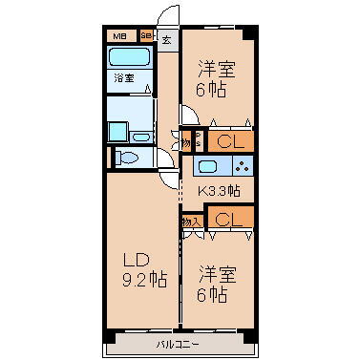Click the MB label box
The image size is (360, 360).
(x=120, y=37)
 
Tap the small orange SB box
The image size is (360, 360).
(x=146, y=37)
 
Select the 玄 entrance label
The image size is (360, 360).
(x=166, y=40)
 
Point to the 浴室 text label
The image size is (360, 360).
(x=123, y=77)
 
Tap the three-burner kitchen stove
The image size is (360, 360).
(x=241, y=166)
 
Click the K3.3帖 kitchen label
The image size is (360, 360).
(x=219, y=191)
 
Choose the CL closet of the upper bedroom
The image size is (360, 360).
(x=229, y=141)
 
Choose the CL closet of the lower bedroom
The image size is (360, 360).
(x=229, y=220)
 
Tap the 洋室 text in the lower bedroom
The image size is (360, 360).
(x=216, y=273)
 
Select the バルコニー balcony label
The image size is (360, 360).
(x=178, y=343)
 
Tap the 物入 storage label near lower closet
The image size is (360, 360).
(x=190, y=221)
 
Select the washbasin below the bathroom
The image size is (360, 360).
(x=118, y=130)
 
